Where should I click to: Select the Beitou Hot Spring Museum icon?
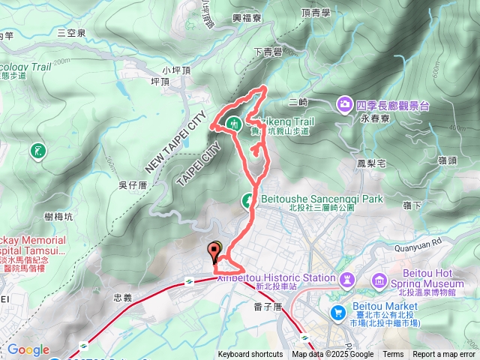click(x=379, y=281)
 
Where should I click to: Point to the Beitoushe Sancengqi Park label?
click(x=322, y=199)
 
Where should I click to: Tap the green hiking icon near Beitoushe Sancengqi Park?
click(x=247, y=200)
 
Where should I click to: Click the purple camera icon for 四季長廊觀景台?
click(x=345, y=104)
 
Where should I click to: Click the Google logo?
click(x=28, y=349)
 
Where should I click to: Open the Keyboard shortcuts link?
click(x=250, y=355)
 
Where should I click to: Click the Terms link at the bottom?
click(x=393, y=355)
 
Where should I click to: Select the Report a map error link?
click(x=444, y=355)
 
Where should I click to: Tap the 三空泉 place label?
click(x=72, y=33)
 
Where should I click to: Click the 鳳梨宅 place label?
click(x=371, y=162)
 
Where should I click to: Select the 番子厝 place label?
click(x=267, y=306)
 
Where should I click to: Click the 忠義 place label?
click(x=122, y=298)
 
